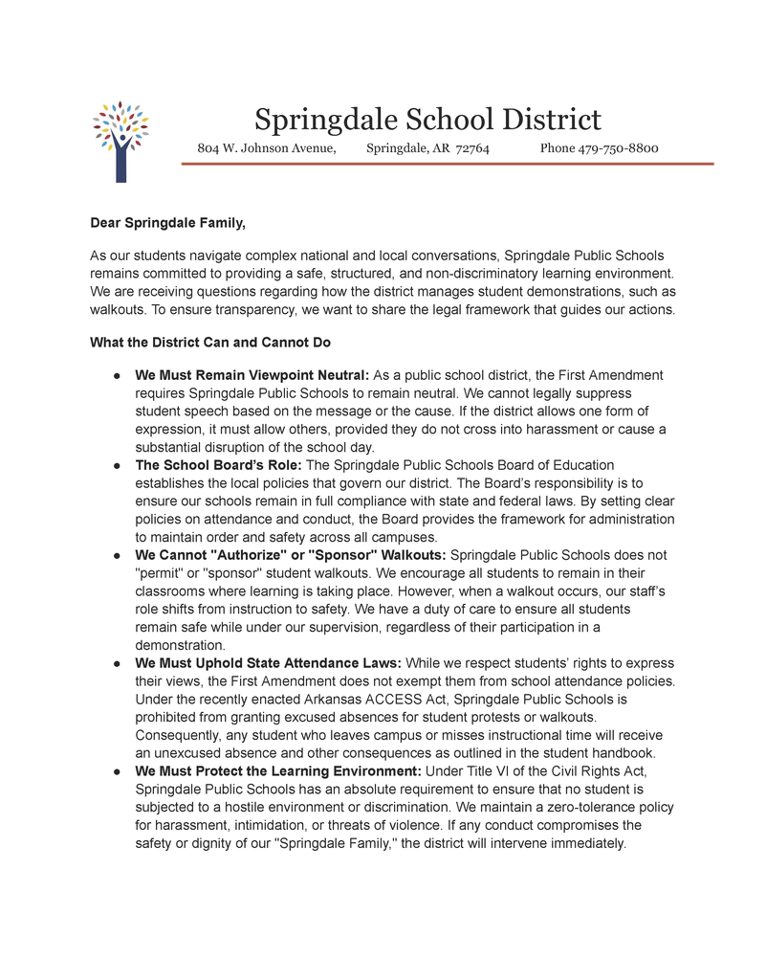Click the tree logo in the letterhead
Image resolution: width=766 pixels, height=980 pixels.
pyautogui.click(x=120, y=141)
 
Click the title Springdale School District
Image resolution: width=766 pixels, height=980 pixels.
pyautogui.click(x=427, y=120)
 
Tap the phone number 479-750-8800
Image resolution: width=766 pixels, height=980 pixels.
pyautogui.click(x=618, y=148)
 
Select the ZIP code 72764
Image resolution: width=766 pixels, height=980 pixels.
pyautogui.click(x=472, y=148)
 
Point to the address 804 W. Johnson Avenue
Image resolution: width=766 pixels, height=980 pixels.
pyautogui.click(x=266, y=148)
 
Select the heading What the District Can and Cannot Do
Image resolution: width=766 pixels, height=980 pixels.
pyautogui.click(x=210, y=343)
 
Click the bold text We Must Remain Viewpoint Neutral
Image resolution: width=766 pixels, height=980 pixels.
pyautogui.click(x=252, y=375)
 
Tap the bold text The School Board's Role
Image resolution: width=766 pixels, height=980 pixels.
pyautogui.click(x=218, y=465)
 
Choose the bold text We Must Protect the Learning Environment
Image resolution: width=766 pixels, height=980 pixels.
pyautogui.click(x=277, y=771)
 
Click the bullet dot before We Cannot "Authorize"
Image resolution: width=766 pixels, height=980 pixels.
pyautogui.click(x=115, y=555)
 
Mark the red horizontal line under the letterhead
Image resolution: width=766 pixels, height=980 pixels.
pyautogui.click(x=448, y=165)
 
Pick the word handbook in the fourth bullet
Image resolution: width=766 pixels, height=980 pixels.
pyautogui.click(x=623, y=753)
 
